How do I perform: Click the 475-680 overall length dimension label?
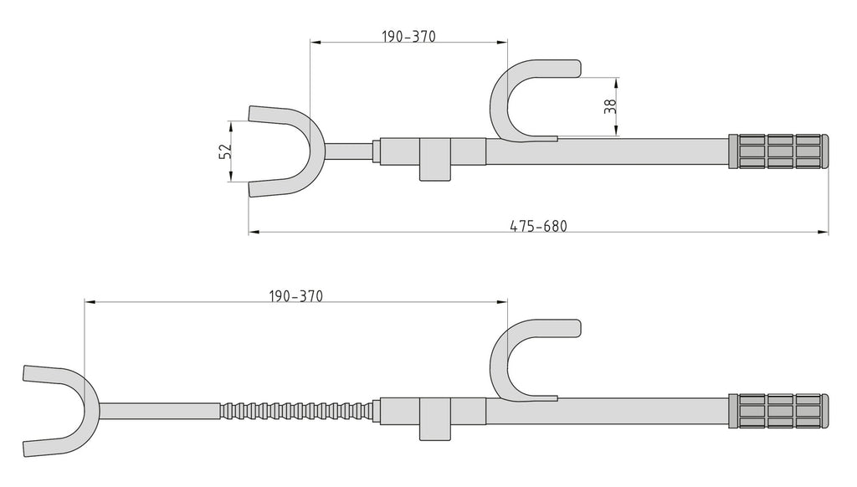click(538, 226)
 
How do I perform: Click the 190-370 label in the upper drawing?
click(408, 37)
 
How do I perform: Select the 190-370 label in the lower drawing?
click(295, 296)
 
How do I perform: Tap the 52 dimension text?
click(225, 151)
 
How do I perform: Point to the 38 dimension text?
click(610, 106)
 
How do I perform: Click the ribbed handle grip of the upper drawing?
click(778, 151)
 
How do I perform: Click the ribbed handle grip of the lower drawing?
click(778, 411)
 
